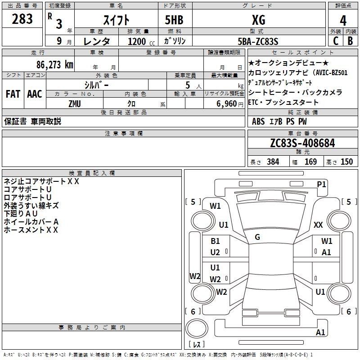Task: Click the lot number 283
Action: (x=22, y=19)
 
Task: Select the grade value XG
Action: (x=258, y=20)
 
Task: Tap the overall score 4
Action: (x=343, y=20)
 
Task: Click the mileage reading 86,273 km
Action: (x=54, y=64)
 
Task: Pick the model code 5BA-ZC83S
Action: (x=258, y=41)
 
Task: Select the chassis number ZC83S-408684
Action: (x=302, y=144)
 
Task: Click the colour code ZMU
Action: (x=75, y=104)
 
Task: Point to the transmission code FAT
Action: (x=13, y=94)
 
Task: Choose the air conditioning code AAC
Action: (x=34, y=94)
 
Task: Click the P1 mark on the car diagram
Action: (x=321, y=184)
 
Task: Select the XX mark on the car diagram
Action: (x=318, y=225)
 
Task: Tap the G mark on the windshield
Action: (x=257, y=237)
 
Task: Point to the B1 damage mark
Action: (x=215, y=241)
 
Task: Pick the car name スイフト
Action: (x=117, y=20)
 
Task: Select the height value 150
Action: (x=346, y=162)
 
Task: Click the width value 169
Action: (x=310, y=162)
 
